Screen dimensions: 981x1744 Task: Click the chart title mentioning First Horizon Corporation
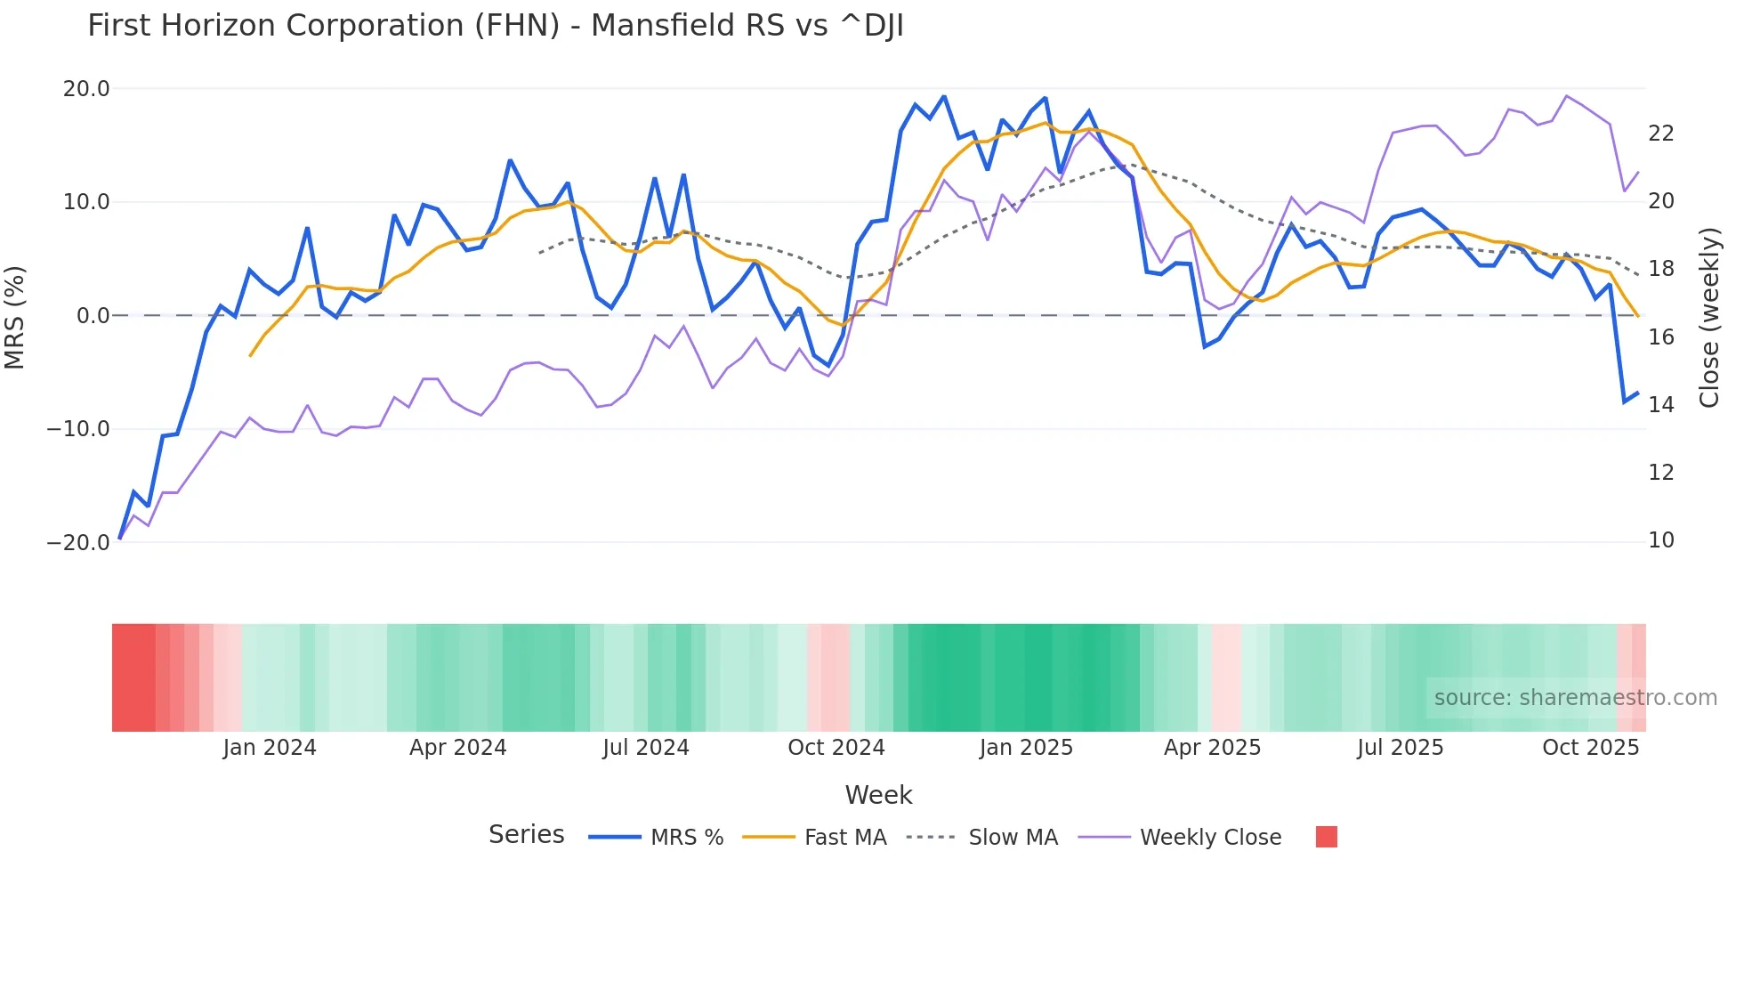(495, 26)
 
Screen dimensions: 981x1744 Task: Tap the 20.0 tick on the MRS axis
(86, 89)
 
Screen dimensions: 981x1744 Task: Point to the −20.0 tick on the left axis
(78, 542)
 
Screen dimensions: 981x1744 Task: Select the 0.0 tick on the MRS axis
(93, 316)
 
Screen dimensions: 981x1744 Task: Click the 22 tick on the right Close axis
(1660, 134)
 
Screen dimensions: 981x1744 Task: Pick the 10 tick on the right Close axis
(1660, 540)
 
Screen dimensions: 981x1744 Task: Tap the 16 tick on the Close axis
(1660, 337)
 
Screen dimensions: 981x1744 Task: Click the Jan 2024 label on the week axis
(269, 748)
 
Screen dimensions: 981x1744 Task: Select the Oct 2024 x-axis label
(836, 748)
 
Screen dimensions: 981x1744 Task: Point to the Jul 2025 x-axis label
(1400, 748)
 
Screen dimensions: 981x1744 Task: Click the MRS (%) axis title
(15, 317)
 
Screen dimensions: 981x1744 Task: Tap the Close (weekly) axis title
(1709, 317)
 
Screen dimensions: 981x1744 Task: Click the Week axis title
(878, 795)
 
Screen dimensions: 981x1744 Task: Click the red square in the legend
(1326, 837)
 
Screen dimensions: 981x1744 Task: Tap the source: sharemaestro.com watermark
(1575, 698)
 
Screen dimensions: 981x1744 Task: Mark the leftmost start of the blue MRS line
(120, 539)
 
